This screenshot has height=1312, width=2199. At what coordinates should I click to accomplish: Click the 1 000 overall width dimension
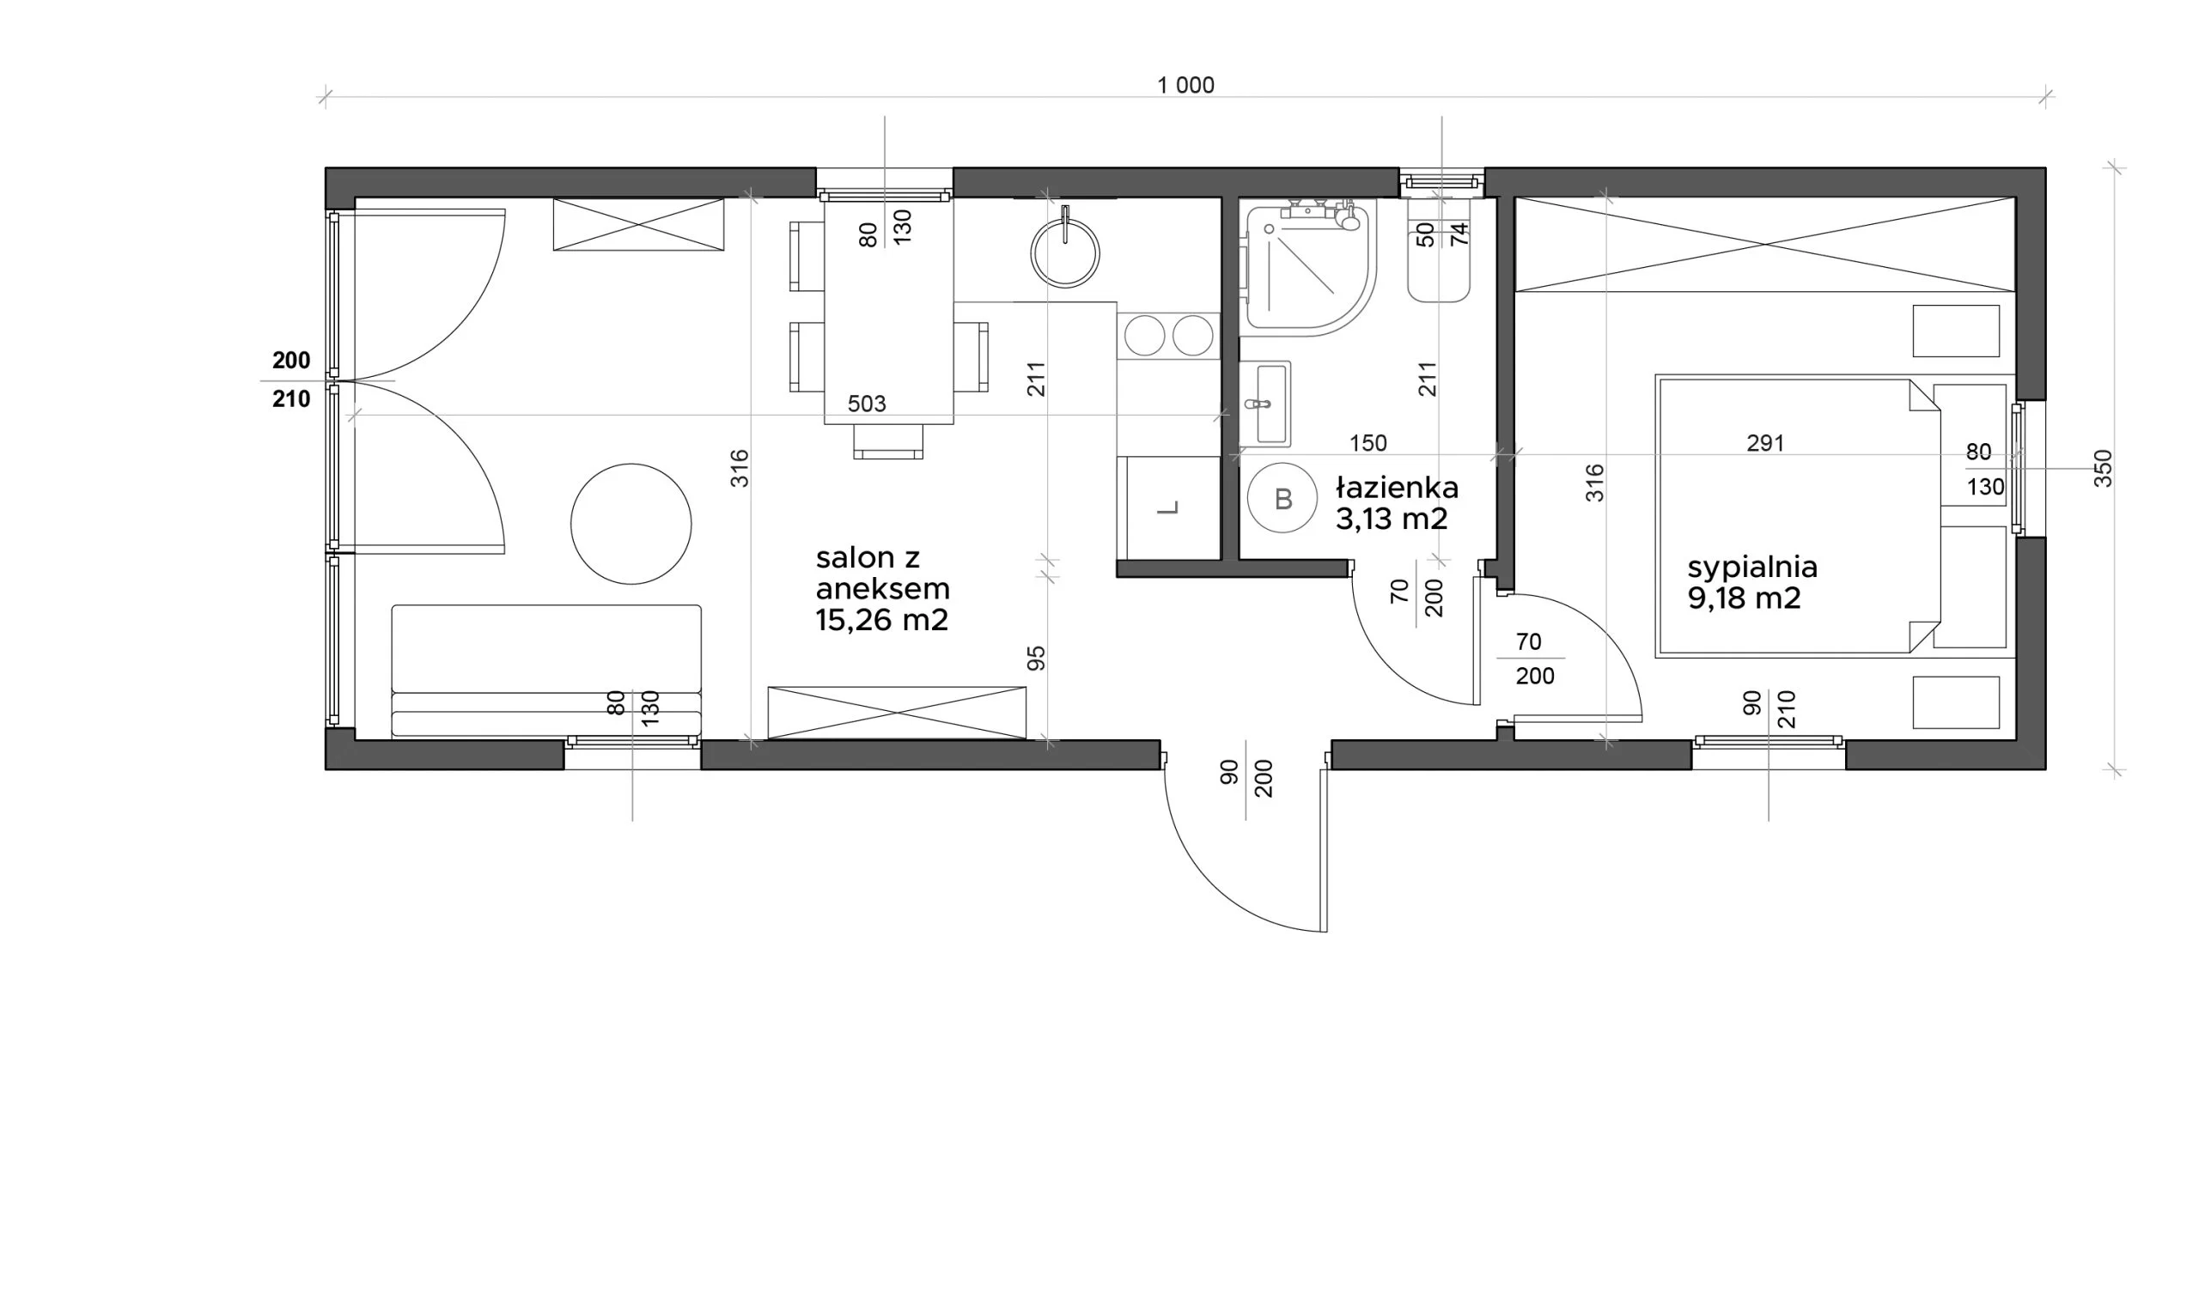coord(1185,85)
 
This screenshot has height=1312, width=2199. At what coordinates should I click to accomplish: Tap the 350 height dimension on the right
coord(2103,469)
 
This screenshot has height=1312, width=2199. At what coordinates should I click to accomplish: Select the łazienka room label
coord(1397,487)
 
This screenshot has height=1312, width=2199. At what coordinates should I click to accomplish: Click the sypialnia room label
coord(1751,567)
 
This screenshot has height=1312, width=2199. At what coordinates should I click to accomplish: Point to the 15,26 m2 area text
coord(881,620)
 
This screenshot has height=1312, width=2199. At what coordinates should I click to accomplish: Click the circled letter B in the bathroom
coord(1283,499)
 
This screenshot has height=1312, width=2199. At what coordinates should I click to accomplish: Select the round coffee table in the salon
coord(630,524)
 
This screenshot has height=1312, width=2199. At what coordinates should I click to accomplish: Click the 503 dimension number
coord(867,404)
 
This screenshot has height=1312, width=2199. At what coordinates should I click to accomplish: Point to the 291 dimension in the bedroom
coord(1765,443)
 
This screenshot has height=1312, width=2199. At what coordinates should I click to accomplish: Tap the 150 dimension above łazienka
coord(1368,443)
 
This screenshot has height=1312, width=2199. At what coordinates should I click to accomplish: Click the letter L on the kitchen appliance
coord(1168,507)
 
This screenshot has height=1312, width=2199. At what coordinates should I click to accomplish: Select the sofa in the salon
coord(546,671)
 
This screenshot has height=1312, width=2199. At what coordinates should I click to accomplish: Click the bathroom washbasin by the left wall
coord(1265,404)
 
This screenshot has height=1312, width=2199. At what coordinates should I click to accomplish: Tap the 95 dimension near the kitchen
coord(1036,658)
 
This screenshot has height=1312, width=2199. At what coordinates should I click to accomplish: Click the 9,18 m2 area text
coord(1744,598)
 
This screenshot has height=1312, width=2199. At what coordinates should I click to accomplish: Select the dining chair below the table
coord(887,441)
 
